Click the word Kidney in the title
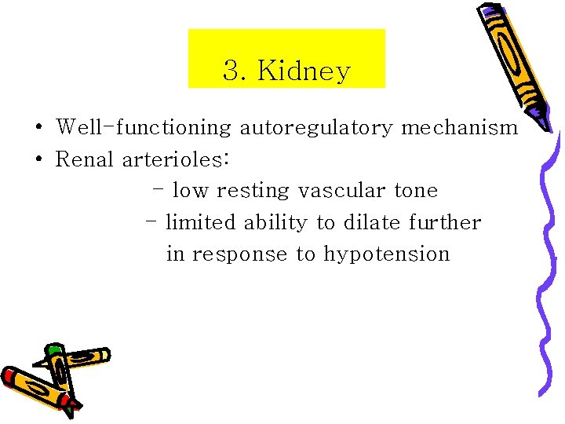(x=304, y=71)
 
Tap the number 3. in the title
(x=235, y=71)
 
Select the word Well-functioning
(x=144, y=127)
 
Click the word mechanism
(x=459, y=127)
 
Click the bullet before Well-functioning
(x=38, y=128)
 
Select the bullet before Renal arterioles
(x=38, y=160)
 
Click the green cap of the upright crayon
(x=53, y=350)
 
